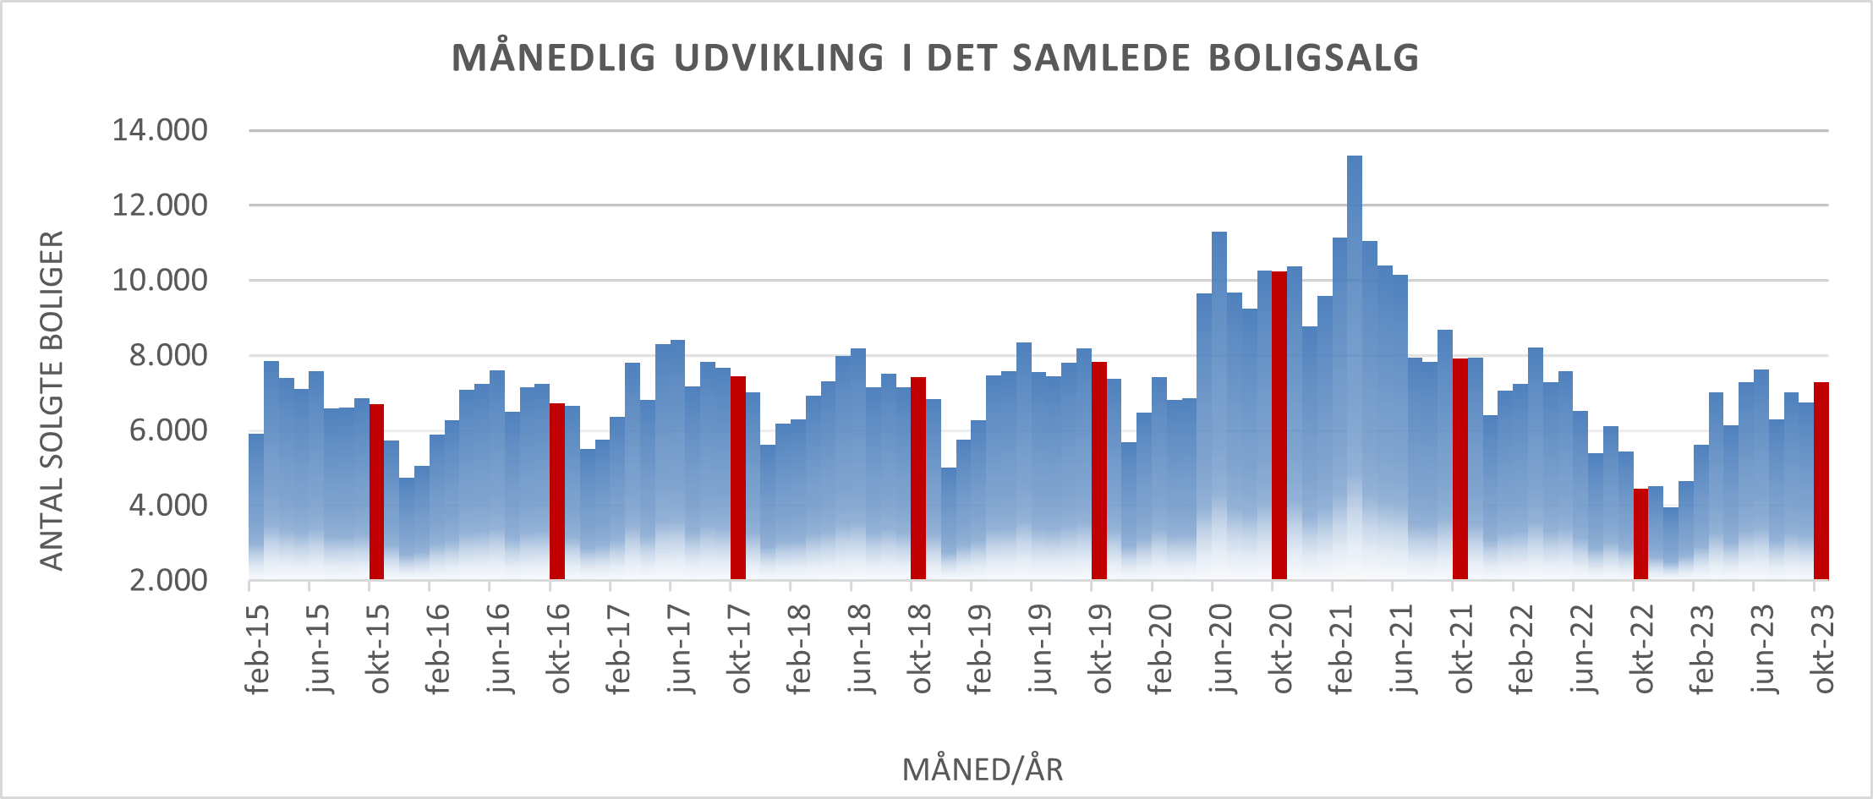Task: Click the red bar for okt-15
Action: tap(377, 491)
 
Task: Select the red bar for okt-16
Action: tap(557, 491)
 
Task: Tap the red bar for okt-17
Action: tap(738, 478)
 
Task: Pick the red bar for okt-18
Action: tap(918, 478)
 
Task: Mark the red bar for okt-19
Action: tap(1099, 470)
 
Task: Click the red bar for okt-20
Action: tap(1279, 425)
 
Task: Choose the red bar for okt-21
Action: tap(1460, 468)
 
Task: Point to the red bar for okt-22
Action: tap(1641, 534)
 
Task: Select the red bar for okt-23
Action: tap(1821, 480)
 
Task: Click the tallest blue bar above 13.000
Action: tap(1355, 367)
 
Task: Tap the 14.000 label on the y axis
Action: tap(160, 130)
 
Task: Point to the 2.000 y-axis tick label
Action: tap(168, 580)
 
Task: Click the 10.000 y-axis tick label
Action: tap(160, 280)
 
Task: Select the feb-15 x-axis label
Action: tap(257, 649)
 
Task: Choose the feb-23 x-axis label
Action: tap(1701, 649)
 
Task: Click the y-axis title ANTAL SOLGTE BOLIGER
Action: tap(52, 401)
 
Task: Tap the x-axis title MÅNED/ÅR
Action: tap(983, 769)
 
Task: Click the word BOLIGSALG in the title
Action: tap(1314, 57)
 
